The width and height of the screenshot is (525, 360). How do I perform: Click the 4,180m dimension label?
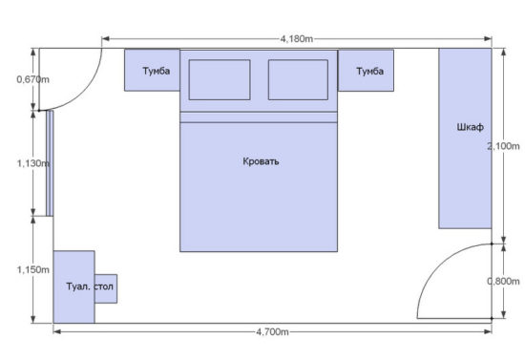point(297,39)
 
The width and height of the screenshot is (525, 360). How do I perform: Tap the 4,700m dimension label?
point(272,332)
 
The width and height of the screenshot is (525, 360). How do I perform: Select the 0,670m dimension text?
point(32,79)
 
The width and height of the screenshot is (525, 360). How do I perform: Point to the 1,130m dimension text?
point(33,163)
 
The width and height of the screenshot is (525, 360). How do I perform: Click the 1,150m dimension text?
point(33,269)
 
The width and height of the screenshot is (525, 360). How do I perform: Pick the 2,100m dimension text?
point(503,146)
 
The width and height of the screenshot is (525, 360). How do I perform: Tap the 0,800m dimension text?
point(503,282)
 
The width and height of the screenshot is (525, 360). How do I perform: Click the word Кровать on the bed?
point(261,161)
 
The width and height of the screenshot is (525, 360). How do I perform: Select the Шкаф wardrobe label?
point(470,127)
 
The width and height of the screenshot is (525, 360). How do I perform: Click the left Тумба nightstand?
point(152,70)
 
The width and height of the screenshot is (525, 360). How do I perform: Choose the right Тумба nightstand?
point(366,71)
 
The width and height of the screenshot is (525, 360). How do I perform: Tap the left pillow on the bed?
point(220,79)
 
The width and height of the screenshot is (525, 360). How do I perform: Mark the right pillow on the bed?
point(298,79)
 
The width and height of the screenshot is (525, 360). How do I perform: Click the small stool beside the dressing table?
point(106,288)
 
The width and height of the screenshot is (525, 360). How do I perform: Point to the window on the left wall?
point(50,163)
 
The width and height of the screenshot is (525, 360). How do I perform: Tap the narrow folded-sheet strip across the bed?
point(259,117)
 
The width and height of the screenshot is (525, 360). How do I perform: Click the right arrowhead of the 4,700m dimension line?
point(488,332)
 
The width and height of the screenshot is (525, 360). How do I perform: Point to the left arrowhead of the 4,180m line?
point(105,39)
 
